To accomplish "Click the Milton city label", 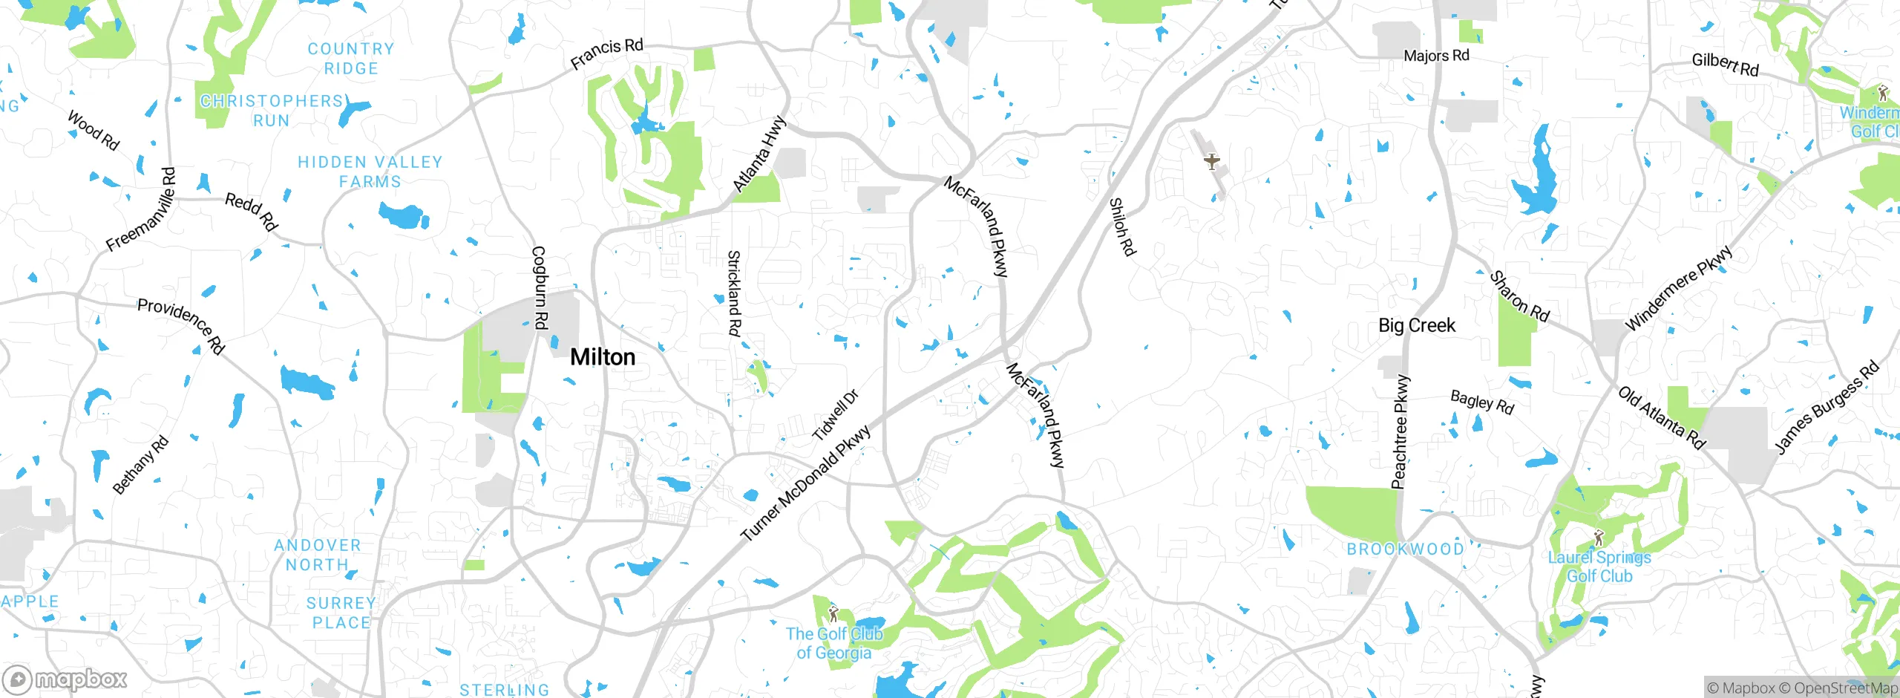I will tap(602, 357).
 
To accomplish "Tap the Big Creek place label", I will tap(1416, 325).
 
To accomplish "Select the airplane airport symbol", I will tap(1211, 161).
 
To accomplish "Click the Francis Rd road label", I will tap(606, 53).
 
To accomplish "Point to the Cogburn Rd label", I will tap(540, 287).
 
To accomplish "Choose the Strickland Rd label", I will tap(733, 293).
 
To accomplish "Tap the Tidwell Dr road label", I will tap(836, 415).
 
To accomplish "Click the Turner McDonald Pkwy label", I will tap(806, 483).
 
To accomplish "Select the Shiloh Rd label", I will tap(1121, 226).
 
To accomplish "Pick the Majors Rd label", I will tap(1436, 56).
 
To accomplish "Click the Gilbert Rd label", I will tap(1725, 64).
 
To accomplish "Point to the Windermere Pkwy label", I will tap(1679, 287).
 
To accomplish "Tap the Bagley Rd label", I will tap(1482, 402).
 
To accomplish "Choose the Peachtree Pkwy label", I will tap(1400, 432).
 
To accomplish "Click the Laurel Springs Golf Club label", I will tap(1599, 567).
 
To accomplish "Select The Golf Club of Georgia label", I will tap(834, 643).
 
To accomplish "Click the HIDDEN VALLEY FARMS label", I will tap(370, 172).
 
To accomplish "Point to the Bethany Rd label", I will tap(140, 466).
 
